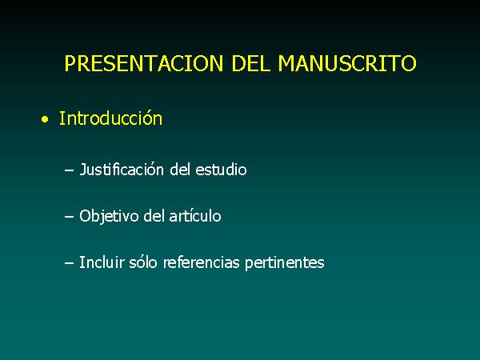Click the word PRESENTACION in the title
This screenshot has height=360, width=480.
click(x=144, y=63)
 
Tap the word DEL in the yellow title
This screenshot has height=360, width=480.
click(x=250, y=63)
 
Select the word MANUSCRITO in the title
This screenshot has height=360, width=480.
click(x=347, y=63)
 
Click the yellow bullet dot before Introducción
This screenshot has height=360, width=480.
click(x=45, y=119)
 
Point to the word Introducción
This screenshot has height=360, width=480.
click(x=110, y=118)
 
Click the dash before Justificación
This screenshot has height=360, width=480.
click(x=69, y=170)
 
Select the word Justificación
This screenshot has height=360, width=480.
click(x=122, y=170)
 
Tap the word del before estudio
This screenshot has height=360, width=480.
click(x=180, y=170)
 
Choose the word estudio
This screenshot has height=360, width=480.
click(x=221, y=170)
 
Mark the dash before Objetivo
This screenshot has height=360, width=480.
click(x=69, y=217)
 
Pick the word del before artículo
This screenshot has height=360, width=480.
click(x=154, y=216)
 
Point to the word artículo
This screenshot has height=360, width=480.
click(x=195, y=216)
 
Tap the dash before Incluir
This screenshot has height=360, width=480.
click(x=69, y=263)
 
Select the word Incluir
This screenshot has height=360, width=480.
click(x=102, y=262)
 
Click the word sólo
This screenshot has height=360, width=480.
click(x=143, y=262)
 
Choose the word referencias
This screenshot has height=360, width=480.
click(x=201, y=262)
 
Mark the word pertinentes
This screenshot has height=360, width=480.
click(x=284, y=263)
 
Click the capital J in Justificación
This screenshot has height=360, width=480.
click(x=82, y=170)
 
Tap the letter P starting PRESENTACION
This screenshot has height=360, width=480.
click(x=70, y=63)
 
